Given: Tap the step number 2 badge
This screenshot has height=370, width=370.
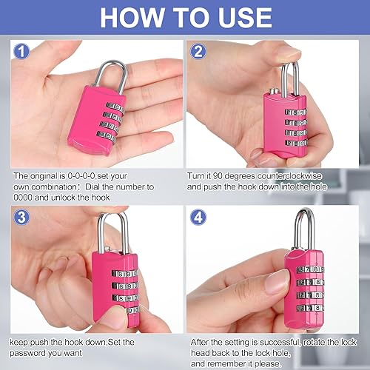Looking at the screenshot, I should coord(198,53).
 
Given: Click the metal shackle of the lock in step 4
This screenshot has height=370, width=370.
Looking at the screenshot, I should coord(304,226).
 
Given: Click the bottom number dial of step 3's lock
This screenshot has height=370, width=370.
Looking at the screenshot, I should coord(122,310).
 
